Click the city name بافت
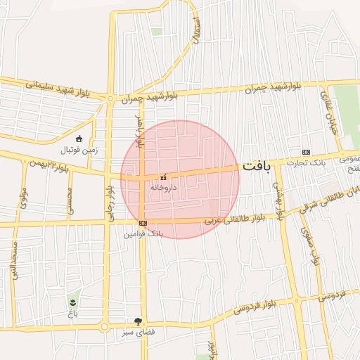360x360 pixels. click(257, 167)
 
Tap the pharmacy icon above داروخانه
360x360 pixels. click(163, 178)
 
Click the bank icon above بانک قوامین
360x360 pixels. click(143, 223)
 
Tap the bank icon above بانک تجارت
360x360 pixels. click(306, 152)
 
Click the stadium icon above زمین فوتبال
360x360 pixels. click(79, 139)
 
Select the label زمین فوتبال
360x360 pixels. click(79, 149)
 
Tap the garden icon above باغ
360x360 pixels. click(72, 302)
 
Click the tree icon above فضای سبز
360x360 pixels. click(147, 321)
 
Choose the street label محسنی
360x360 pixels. click(70, 201)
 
